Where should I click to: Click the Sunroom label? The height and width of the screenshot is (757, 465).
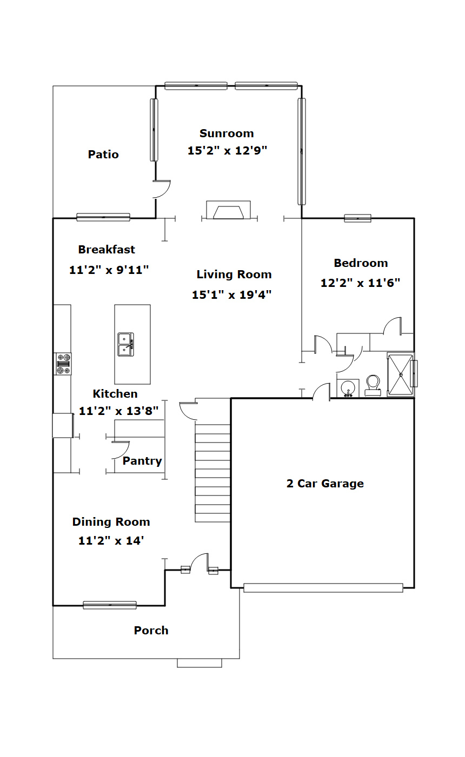click(x=227, y=133)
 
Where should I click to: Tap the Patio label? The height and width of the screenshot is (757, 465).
click(x=103, y=155)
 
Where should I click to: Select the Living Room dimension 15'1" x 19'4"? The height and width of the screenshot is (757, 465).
click(x=231, y=294)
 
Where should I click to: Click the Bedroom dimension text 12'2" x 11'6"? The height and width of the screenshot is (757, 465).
click(x=360, y=283)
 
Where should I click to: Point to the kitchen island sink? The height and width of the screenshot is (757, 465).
click(x=126, y=344)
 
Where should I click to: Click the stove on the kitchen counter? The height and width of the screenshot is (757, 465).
click(x=63, y=364)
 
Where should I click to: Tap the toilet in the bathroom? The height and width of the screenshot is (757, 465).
click(x=373, y=386)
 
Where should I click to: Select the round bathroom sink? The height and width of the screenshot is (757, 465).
click(x=348, y=387)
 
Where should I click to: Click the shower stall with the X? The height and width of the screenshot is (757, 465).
click(x=401, y=374)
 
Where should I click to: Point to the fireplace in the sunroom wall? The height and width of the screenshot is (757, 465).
click(x=229, y=210)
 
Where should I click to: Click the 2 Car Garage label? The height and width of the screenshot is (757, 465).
click(x=325, y=484)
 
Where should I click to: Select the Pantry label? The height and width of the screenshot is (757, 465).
click(x=142, y=461)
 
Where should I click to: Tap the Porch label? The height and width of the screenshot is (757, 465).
click(x=151, y=631)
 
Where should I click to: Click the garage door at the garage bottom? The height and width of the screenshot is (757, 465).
click(x=323, y=588)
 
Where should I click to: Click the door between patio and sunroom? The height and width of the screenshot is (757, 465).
click(x=162, y=189)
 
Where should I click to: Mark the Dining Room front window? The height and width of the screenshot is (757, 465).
click(x=110, y=605)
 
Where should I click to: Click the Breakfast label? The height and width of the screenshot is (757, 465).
click(x=107, y=250)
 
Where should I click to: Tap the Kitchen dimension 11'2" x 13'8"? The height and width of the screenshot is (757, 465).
click(x=118, y=411)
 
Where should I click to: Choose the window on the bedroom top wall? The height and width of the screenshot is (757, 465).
click(x=357, y=218)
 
